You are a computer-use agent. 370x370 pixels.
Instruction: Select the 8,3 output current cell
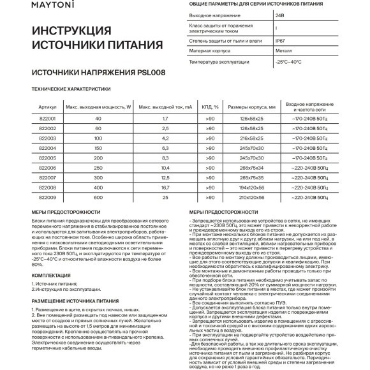pos(165,156)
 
